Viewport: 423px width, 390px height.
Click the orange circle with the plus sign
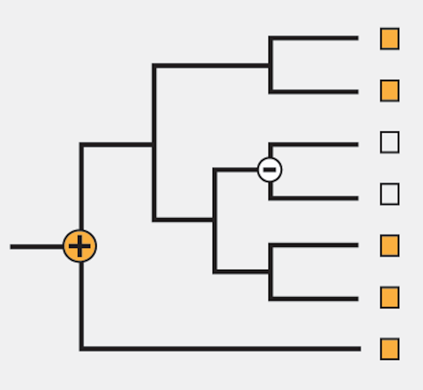pyautogui.click(x=80, y=246)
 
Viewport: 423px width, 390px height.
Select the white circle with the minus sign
pyautogui.click(x=270, y=169)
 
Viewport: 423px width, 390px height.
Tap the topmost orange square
pyautogui.click(x=389, y=39)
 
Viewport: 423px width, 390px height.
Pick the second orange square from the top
pyautogui.click(x=389, y=91)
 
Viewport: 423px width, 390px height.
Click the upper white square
pyautogui.click(x=389, y=142)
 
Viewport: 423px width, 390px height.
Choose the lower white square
pyautogui.click(x=389, y=194)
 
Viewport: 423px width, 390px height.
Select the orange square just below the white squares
pyautogui.click(x=389, y=245)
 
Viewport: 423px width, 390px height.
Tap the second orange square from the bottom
pyautogui.click(x=389, y=297)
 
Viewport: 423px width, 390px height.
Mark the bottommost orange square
pyautogui.click(x=389, y=349)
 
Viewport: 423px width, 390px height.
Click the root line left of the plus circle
pyautogui.click(x=37, y=247)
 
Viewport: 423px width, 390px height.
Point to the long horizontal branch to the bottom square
pyautogui.click(x=219, y=349)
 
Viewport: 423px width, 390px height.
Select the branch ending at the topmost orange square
pyautogui.click(x=314, y=38)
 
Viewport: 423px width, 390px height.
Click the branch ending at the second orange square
pyautogui.click(x=314, y=92)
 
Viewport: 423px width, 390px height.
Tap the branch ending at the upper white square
pyautogui.click(x=314, y=145)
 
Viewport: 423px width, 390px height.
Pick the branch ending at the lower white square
pyautogui.click(x=314, y=198)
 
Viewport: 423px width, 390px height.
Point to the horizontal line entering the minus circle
pyautogui.click(x=236, y=170)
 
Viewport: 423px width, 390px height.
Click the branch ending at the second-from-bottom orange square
pyautogui.click(x=314, y=299)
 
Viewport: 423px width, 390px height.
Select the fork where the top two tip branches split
pyautogui.click(x=271, y=65)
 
